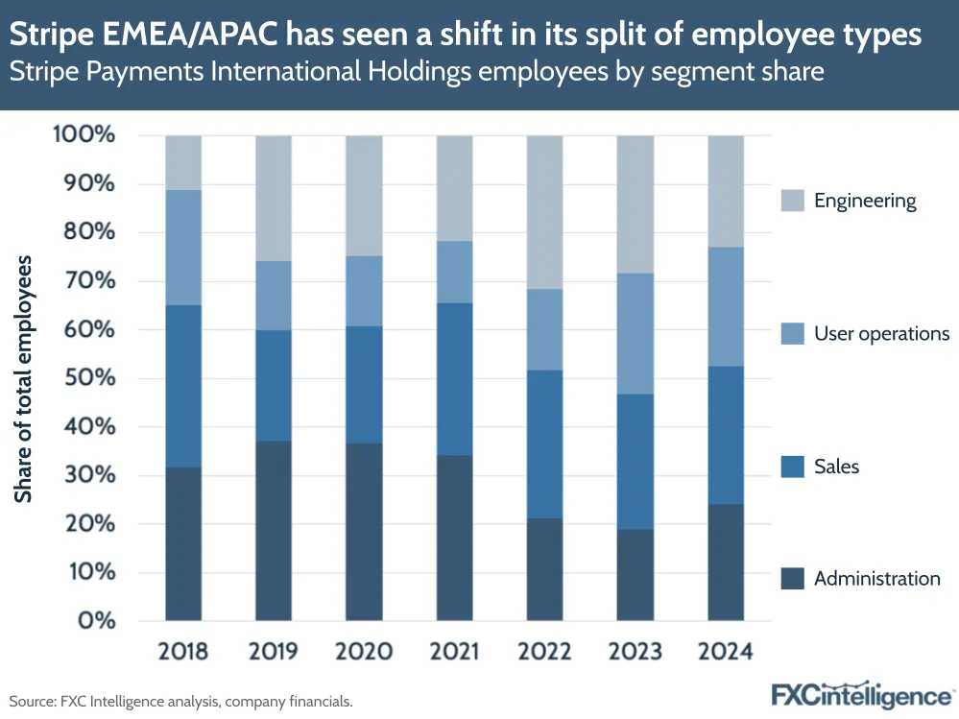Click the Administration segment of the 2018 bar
[183, 543]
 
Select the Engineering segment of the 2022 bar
[545, 212]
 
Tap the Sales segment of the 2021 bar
[455, 379]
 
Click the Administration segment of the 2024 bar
[726, 562]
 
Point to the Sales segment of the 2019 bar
[274, 386]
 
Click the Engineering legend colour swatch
[791, 201]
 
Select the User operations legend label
[881, 334]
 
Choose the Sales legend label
[836, 467]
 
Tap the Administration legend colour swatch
[791, 579]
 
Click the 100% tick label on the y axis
[84, 135]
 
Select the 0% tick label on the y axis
[95, 621]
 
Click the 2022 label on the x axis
[545, 652]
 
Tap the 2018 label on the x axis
[183, 652]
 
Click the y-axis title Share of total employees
[24, 378]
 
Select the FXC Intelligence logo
[862, 694]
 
